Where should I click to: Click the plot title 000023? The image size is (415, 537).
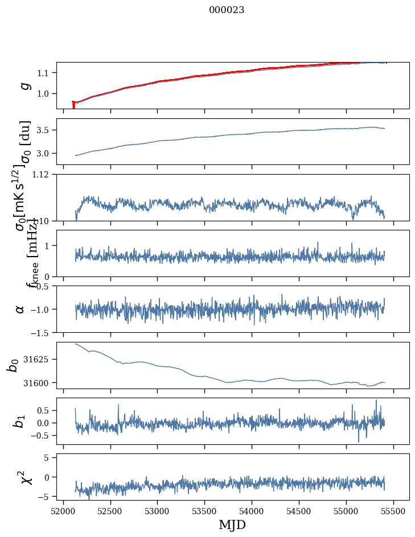pos(227,10)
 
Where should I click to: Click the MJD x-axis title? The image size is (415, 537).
pos(232,524)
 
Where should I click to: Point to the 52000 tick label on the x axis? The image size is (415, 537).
pos(63,511)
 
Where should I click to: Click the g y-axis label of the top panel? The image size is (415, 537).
pos(24,85)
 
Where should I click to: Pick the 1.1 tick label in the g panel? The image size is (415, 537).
pos(44,73)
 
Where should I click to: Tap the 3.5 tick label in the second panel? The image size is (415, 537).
pos(44,130)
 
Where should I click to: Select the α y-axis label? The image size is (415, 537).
pos(20,309)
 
